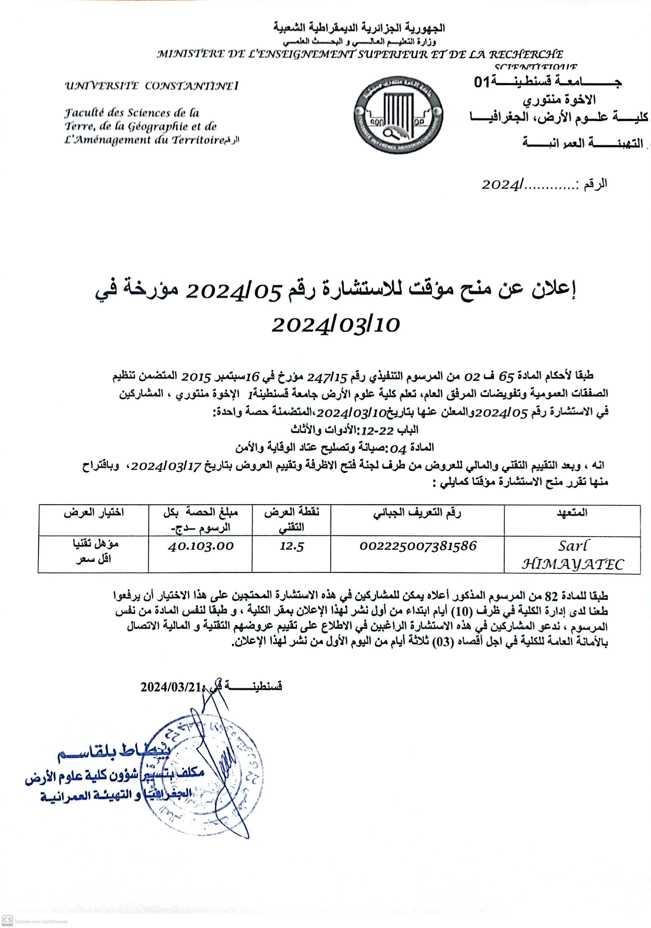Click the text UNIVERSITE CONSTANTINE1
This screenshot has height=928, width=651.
[152, 86]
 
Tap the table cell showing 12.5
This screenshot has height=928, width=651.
[291, 547]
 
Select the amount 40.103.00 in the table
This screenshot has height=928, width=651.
[201, 547]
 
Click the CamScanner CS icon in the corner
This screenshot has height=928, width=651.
[7, 920]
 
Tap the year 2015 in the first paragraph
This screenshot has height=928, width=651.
[196, 377]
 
